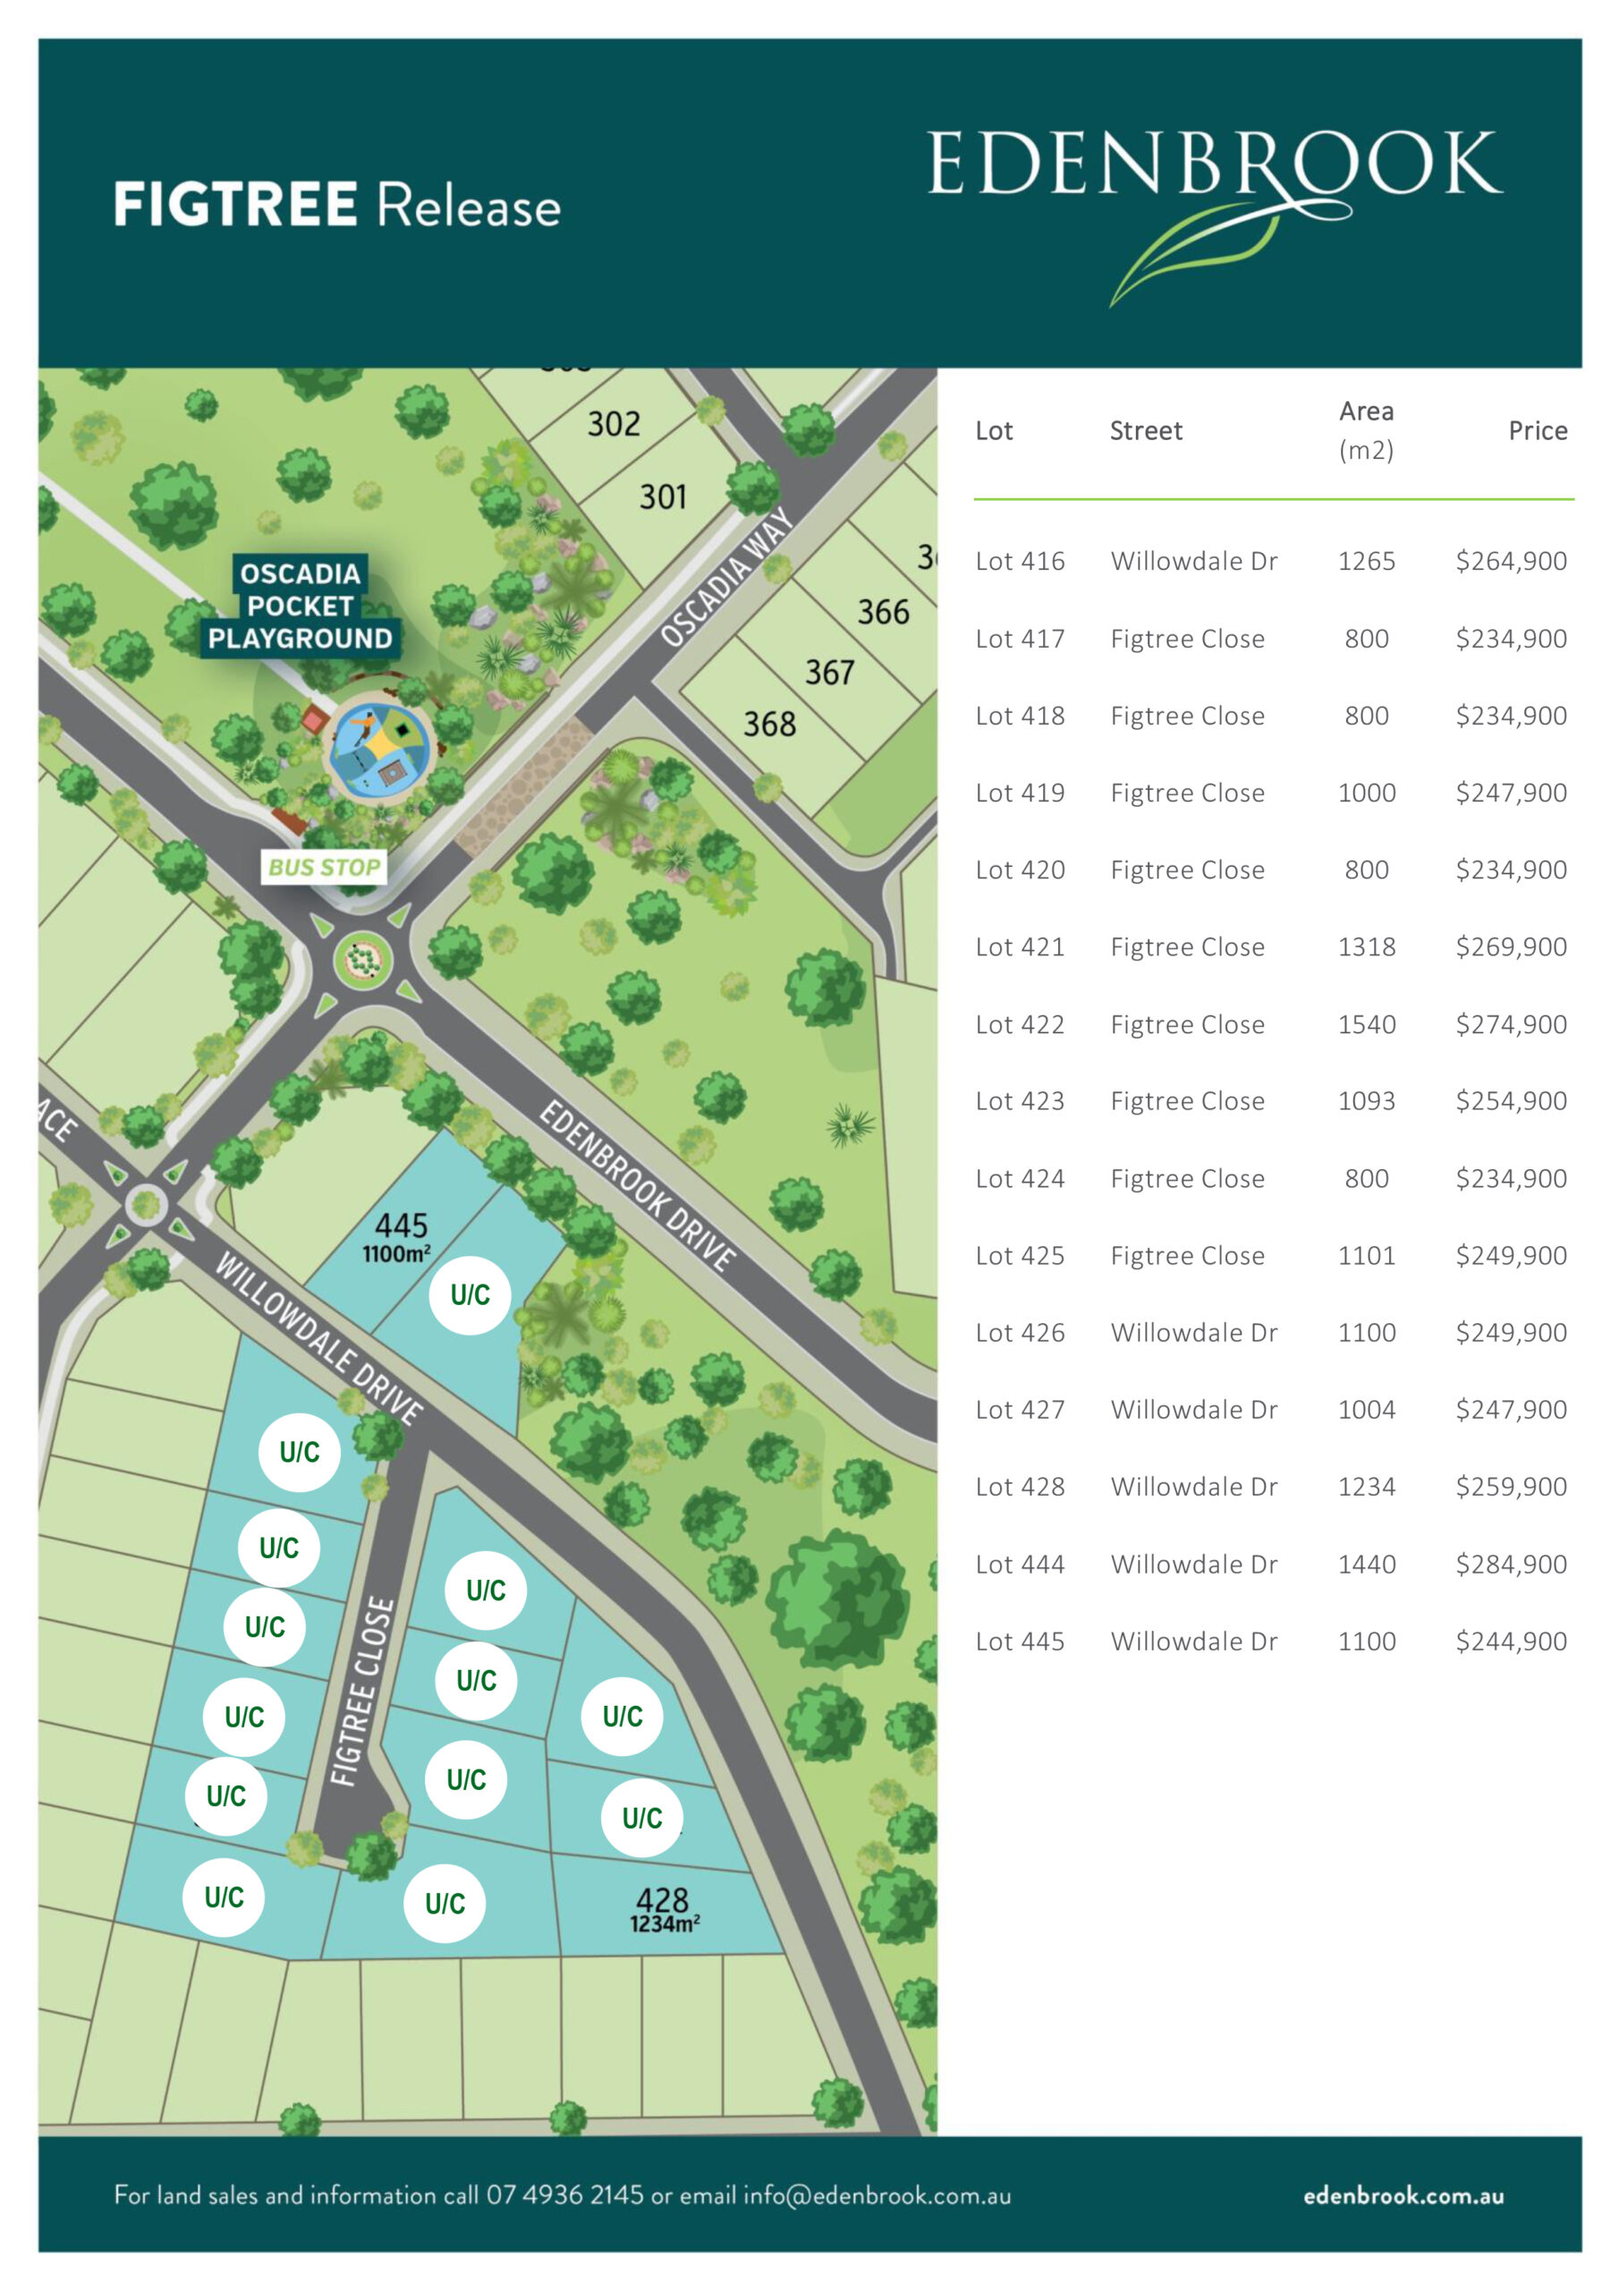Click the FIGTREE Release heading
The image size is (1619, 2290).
337,205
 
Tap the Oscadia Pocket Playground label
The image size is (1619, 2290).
300,606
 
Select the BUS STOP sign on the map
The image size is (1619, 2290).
324,867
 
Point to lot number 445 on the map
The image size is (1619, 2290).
401,1226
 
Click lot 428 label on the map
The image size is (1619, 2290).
663,1900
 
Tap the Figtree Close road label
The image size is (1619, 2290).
362,1691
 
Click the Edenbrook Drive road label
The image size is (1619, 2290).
639,1186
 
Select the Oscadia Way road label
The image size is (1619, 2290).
726,578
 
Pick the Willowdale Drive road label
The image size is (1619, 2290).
319,1337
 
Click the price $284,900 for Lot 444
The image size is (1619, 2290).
1510,1564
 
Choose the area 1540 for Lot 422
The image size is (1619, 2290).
1366,1024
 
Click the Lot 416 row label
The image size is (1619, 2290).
1020,562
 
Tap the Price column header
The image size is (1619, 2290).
1536,431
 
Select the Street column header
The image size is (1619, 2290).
1145,431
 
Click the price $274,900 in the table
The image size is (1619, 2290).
1510,1024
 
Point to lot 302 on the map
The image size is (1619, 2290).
614,424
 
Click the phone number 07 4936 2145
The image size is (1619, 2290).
564,2195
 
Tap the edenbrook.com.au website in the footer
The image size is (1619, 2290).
1403,2195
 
